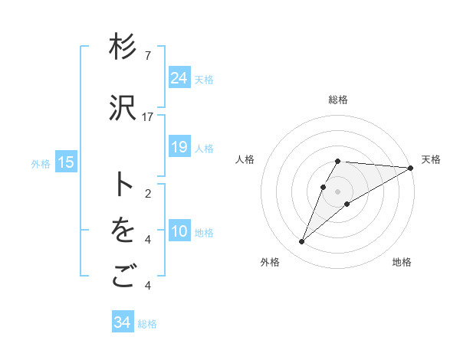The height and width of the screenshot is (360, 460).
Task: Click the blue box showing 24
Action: click(x=179, y=78)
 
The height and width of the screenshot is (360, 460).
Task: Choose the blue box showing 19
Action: click(x=179, y=147)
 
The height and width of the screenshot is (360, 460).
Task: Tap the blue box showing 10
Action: click(x=179, y=231)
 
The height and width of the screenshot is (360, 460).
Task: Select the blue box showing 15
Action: click(x=66, y=162)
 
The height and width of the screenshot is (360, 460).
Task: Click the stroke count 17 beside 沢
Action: click(x=148, y=116)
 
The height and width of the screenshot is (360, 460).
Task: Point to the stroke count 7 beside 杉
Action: click(x=148, y=56)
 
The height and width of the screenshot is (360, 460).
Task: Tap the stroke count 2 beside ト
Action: click(x=148, y=193)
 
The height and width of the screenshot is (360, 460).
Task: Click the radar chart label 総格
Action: click(x=338, y=100)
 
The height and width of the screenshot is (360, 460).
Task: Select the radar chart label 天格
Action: click(x=431, y=159)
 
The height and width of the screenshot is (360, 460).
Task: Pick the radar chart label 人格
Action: click(x=245, y=159)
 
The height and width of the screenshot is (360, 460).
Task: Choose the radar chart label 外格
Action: click(x=270, y=263)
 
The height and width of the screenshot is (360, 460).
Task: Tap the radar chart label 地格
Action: click(x=402, y=263)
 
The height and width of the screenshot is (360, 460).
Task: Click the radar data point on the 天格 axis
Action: click(x=411, y=168)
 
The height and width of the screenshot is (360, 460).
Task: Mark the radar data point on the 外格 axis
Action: click(x=301, y=242)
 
